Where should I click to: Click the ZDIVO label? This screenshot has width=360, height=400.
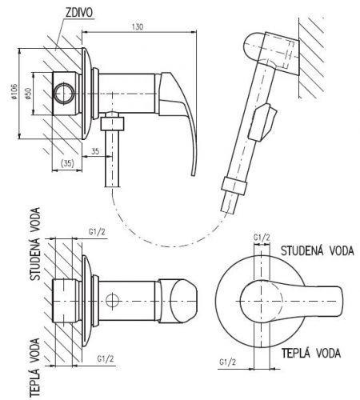click(x=79, y=13)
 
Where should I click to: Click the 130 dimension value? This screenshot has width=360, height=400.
click(x=138, y=26)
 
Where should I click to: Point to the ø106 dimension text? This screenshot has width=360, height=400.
click(x=14, y=92)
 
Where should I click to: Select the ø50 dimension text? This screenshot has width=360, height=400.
click(x=28, y=94)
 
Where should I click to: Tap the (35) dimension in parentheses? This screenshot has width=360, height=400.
click(x=67, y=163)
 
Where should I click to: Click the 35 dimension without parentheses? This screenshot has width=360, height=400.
click(x=95, y=151)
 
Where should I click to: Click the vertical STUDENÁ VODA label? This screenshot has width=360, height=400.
click(x=35, y=244)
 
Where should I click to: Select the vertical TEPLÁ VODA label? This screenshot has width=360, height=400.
click(x=34, y=368)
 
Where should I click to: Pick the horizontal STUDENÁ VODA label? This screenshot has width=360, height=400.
click(x=318, y=251)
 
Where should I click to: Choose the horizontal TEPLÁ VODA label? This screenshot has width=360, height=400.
click(x=311, y=353)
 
